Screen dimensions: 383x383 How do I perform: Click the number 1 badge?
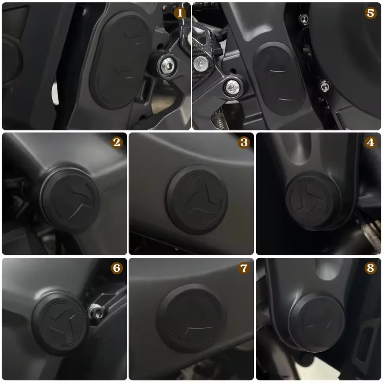pos(180,13)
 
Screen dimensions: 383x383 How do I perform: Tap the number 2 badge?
pos(117,142)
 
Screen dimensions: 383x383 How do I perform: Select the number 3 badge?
pos(244,142)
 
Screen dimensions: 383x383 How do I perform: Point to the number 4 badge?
pos(371,142)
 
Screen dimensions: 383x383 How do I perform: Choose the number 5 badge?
pos(371,13)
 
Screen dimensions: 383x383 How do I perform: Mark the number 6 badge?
pos(117,268)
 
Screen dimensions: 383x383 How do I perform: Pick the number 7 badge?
pos(244,268)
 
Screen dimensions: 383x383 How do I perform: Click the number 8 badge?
pos(371,268)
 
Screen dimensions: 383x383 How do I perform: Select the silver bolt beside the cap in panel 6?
pos(96,308)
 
